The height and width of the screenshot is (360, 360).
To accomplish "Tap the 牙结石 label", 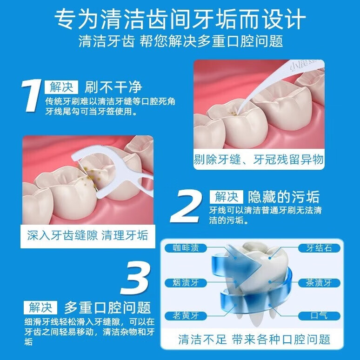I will (319, 248).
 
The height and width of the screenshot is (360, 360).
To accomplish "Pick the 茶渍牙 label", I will (319, 282).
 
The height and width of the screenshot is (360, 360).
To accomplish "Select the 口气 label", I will (319, 316).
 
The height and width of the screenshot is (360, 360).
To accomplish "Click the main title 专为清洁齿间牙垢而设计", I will (180, 19).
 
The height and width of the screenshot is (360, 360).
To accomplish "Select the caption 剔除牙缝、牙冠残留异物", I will (259, 160).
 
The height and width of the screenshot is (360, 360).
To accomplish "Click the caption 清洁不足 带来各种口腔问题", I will (254, 340).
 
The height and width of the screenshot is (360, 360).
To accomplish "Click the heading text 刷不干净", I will (113, 87).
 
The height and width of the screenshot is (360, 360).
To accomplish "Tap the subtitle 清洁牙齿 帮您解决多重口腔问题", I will (180, 41).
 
